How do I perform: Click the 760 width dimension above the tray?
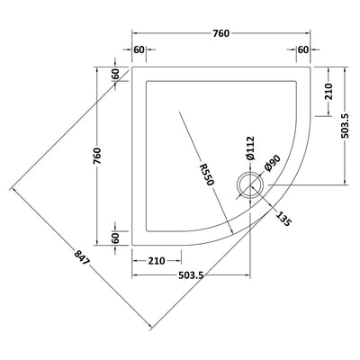tap(221, 33)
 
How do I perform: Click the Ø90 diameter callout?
tap(271, 165)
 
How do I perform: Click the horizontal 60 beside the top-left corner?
tap(139, 51)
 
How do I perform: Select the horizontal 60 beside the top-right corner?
tap(302, 51)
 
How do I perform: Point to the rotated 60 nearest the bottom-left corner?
tap(116, 236)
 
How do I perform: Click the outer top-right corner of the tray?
tap(310, 66)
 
